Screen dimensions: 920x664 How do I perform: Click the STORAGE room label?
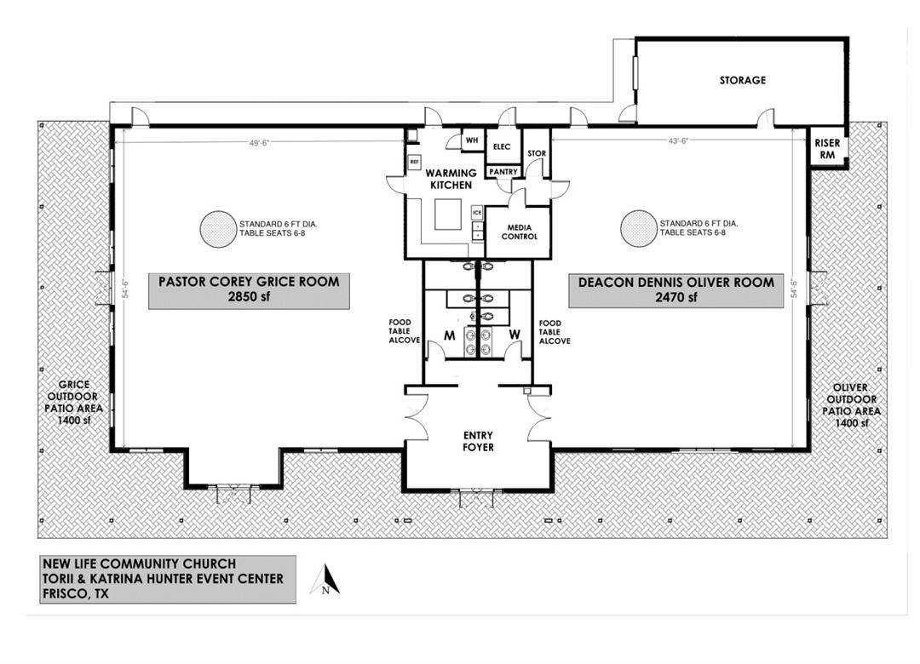[742, 80]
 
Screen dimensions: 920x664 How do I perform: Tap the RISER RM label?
[827, 149]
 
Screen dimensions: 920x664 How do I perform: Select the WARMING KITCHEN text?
[451, 179]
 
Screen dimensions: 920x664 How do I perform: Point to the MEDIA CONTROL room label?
[520, 232]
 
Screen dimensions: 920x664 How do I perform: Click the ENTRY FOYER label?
[478, 441]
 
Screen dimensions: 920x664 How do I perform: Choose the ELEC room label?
[502, 146]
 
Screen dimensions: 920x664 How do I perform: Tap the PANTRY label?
[503, 172]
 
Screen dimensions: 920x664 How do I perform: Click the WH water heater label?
[472, 140]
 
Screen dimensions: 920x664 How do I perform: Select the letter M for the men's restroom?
[450, 336]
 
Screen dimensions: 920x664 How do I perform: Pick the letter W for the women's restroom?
[515, 335]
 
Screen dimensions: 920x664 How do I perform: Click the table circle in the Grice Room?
[218, 229]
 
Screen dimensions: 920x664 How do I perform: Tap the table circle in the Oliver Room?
[639, 228]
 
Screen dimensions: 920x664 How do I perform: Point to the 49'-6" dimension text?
[259, 142]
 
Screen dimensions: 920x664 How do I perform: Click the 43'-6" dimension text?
[678, 140]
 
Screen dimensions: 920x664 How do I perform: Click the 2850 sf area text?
[249, 297]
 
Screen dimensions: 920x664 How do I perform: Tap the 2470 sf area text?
[676, 297]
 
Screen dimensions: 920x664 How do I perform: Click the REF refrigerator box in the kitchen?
[414, 162]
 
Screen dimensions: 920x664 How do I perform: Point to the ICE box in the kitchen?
[477, 212]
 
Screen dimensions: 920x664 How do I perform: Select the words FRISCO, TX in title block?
[76, 593]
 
